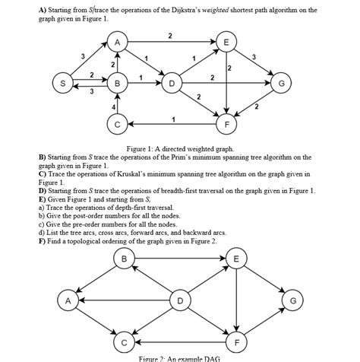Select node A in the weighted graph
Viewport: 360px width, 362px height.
(x=117, y=43)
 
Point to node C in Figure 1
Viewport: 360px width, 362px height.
(x=117, y=122)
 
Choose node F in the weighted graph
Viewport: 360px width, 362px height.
(x=226, y=122)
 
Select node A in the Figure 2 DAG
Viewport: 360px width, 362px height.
(x=70, y=302)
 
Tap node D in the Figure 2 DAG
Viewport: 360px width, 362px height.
(x=180, y=302)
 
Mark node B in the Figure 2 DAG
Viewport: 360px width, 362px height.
(x=124, y=260)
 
